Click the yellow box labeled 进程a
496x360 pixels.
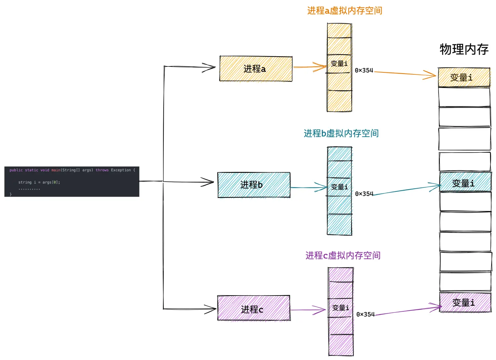point(256,69)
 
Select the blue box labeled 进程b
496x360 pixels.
point(254,185)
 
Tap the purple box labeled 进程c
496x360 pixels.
point(254,308)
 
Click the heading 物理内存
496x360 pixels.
point(464,50)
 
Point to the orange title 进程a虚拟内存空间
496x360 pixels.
point(345,11)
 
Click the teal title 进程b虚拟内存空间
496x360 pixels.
point(341,134)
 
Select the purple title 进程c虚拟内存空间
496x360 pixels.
point(343,256)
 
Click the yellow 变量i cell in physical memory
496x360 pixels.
point(464,78)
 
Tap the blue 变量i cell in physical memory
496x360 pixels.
point(465,182)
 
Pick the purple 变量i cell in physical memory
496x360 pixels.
point(465,302)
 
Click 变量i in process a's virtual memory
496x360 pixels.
point(339,63)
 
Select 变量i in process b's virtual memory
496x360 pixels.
point(339,187)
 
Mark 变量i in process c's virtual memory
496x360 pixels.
point(340,308)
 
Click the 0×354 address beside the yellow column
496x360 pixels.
point(364,70)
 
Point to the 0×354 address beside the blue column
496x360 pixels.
point(364,194)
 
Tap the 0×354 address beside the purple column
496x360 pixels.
point(365,314)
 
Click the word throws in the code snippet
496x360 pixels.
point(102,170)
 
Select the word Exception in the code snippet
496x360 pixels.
point(121,170)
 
